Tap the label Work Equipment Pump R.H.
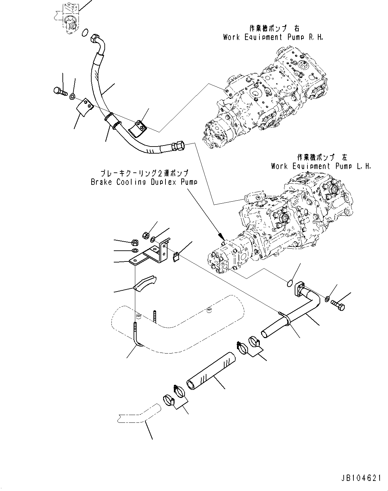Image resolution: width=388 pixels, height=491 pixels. click(273, 37)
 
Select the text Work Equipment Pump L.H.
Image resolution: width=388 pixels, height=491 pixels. click(321, 166)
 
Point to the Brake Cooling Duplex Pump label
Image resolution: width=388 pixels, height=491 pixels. click(144, 182)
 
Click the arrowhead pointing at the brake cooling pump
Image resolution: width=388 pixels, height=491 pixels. click(220, 234)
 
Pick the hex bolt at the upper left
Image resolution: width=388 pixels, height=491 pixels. click(60, 90)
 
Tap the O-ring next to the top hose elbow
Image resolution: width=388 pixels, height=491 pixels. click(85, 33)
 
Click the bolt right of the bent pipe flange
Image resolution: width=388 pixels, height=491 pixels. click(339, 305)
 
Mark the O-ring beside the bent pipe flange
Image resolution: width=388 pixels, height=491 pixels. click(291, 283)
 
